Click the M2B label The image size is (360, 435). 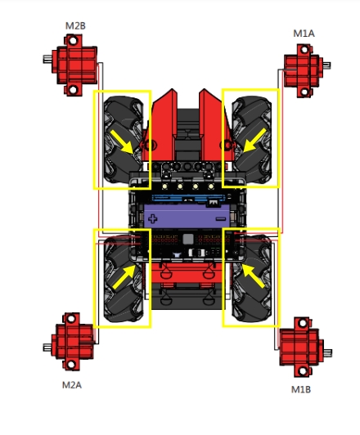click(x=75, y=26)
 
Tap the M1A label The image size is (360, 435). click(x=304, y=34)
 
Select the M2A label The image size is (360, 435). click(x=72, y=385)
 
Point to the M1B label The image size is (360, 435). click(x=300, y=389)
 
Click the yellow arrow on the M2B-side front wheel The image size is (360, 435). click(x=122, y=141)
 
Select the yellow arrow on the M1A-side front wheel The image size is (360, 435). click(x=254, y=140)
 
